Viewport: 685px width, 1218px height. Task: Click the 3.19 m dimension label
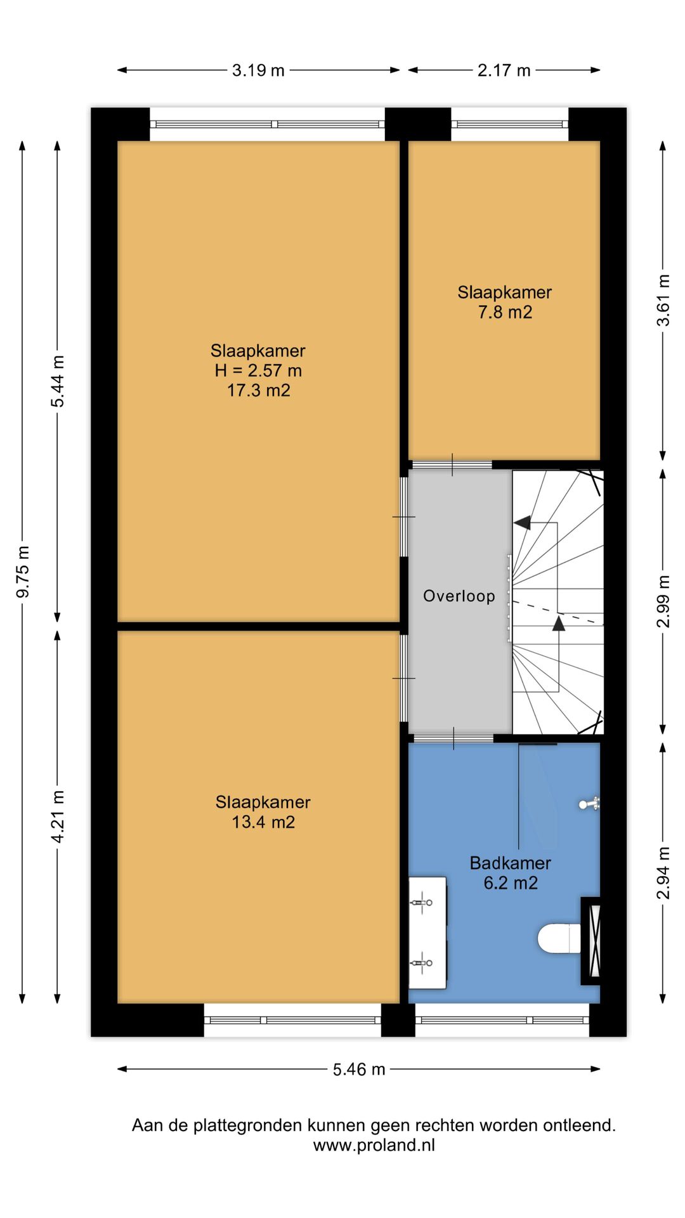click(x=258, y=70)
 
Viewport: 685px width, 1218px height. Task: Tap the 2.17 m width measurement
click(x=504, y=70)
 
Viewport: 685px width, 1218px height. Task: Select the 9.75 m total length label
click(x=23, y=572)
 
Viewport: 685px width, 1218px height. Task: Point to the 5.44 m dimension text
click(x=58, y=381)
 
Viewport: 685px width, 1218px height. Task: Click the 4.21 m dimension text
click(x=58, y=816)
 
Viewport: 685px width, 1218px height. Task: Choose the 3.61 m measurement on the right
click(x=663, y=300)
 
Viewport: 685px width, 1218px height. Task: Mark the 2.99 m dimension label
click(x=663, y=601)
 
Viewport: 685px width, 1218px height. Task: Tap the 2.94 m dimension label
click(x=663, y=873)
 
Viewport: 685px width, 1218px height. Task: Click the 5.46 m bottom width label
click(x=359, y=1070)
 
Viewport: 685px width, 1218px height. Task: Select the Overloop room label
click(x=459, y=596)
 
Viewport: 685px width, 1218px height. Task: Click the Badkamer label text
click(x=511, y=863)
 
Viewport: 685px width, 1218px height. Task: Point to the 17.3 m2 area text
click(x=259, y=390)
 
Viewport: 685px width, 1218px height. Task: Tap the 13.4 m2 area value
click(x=263, y=822)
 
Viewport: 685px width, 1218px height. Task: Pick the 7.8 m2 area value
click(x=505, y=312)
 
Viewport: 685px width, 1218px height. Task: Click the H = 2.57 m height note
click(x=258, y=370)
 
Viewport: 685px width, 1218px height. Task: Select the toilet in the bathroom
click(x=559, y=939)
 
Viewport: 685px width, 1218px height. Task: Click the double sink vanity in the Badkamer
click(x=427, y=933)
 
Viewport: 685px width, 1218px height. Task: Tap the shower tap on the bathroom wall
click(x=589, y=804)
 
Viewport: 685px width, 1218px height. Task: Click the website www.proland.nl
click(x=374, y=1145)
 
